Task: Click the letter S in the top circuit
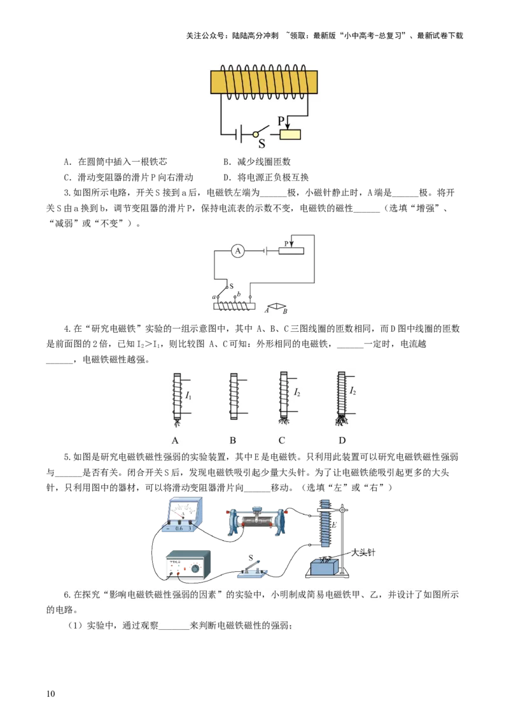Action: [x=261, y=144]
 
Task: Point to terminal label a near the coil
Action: [x=214, y=297]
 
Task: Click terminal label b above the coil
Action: [x=238, y=294]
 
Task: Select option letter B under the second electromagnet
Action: [x=233, y=440]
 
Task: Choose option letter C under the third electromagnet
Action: [x=281, y=440]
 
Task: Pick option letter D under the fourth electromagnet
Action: [x=342, y=440]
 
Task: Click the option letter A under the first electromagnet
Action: [x=174, y=440]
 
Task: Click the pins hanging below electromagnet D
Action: [x=342, y=421]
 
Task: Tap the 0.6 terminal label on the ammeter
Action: [x=179, y=528]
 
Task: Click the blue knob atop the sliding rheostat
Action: [x=256, y=508]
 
